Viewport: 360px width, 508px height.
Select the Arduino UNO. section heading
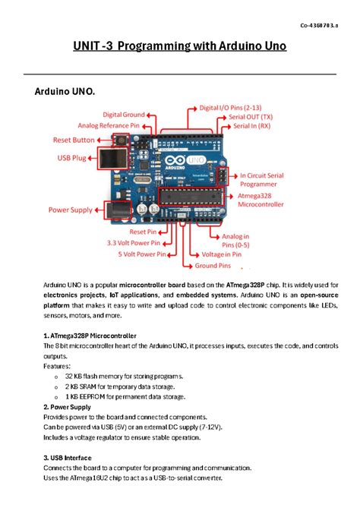pyautogui.click(x=65, y=93)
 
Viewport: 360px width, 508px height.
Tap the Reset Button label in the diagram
pyautogui.click(x=74, y=140)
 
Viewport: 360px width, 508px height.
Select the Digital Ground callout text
pyautogui.click(x=124, y=115)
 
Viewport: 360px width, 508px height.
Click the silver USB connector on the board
pyautogui.click(x=112, y=158)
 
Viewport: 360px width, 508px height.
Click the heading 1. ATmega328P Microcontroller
pyautogui.click(x=90, y=335)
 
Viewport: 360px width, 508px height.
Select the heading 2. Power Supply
pyautogui.click(x=67, y=407)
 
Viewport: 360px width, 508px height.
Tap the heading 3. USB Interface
pyautogui.click(x=68, y=458)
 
